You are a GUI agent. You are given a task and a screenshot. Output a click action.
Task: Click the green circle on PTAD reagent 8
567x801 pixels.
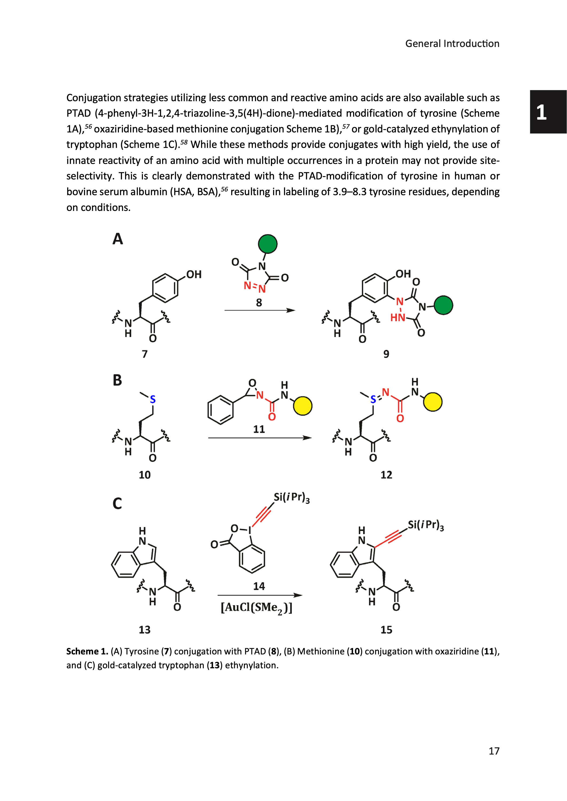(x=268, y=244)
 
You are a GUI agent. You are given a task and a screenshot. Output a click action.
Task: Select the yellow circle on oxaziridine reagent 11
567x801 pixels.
(x=303, y=406)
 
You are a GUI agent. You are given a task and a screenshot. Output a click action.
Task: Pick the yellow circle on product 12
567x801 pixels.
(x=433, y=402)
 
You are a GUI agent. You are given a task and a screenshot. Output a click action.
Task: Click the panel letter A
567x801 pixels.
(x=118, y=239)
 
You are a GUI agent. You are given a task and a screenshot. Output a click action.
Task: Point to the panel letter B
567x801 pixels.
(x=117, y=380)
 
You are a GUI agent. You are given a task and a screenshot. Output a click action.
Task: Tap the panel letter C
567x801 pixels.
(x=117, y=504)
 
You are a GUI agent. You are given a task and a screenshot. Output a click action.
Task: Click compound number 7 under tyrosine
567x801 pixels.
(x=145, y=354)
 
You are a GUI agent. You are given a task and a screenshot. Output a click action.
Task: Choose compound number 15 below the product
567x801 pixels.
(x=386, y=630)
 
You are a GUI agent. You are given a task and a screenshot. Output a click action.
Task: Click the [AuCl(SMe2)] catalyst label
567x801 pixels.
(x=256, y=608)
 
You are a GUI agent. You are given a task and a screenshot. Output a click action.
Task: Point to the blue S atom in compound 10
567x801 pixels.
(x=153, y=399)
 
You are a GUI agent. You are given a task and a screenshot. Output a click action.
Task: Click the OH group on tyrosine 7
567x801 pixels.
(x=194, y=274)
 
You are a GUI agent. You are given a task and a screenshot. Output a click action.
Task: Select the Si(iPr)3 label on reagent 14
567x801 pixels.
(x=292, y=498)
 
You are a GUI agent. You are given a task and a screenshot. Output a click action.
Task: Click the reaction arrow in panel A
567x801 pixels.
(x=260, y=310)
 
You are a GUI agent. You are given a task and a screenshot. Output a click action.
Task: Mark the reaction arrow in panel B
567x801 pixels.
(x=260, y=438)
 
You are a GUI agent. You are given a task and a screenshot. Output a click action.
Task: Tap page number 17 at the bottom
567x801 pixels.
(x=494, y=751)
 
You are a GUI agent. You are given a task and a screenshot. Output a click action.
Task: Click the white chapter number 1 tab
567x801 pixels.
(x=541, y=112)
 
